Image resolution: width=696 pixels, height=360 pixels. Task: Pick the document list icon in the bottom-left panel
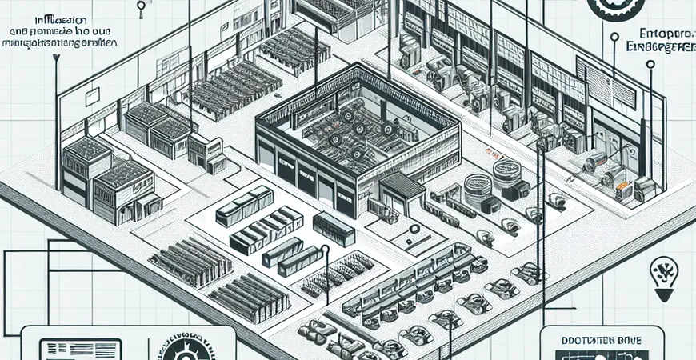pyautogui.click(x=79, y=349)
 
